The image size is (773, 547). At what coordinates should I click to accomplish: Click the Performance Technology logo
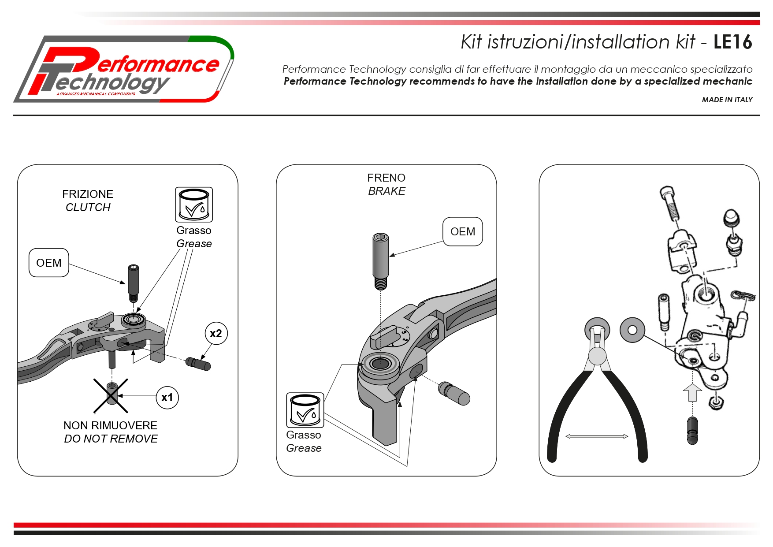[x=124, y=69]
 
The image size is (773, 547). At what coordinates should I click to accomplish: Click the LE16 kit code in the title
[x=732, y=42]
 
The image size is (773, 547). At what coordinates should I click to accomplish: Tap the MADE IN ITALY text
[x=727, y=100]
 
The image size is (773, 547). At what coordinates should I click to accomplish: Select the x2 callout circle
[x=216, y=334]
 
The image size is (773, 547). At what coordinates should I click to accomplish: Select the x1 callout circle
[x=167, y=398]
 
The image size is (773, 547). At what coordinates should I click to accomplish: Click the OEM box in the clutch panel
[x=49, y=263]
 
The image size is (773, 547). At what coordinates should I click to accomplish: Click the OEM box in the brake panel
[x=463, y=231]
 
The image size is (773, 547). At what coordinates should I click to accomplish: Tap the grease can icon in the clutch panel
[x=194, y=205]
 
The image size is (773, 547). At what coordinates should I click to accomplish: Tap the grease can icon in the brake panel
[x=305, y=410]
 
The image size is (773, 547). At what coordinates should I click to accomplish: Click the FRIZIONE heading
[x=88, y=194]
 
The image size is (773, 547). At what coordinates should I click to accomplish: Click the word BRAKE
[x=386, y=191]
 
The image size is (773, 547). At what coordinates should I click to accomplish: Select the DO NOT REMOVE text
[x=111, y=439]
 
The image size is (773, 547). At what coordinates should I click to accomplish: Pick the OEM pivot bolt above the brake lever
[x=381, y=261]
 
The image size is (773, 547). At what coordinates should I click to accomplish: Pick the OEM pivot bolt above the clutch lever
[x=134, y=283]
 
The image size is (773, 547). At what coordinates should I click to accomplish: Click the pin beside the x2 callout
[x=198, y=364]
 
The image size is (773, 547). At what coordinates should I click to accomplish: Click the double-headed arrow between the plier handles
[x=597, y=436]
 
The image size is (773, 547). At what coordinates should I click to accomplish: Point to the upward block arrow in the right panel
[x=692, y=392]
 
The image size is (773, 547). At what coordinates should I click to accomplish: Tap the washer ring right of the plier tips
[x=632, y=330]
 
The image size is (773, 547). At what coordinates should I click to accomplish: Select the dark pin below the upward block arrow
[x=692, y=431]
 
